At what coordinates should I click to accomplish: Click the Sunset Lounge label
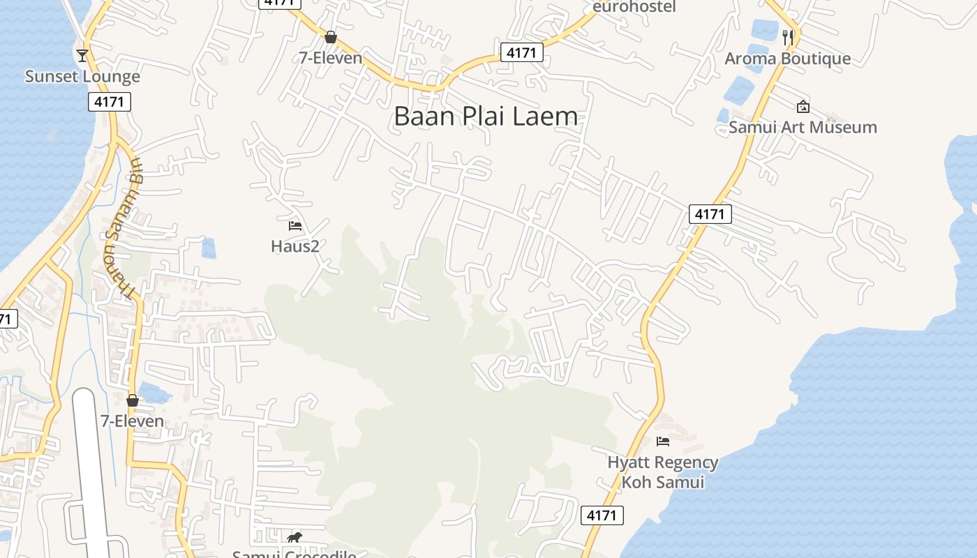[82, 76]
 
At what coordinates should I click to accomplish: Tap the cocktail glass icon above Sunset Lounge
[82, 55]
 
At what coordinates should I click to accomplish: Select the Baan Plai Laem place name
[486, 116]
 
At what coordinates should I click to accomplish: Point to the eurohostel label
[634, 7]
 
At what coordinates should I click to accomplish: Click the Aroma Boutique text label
[787, 59]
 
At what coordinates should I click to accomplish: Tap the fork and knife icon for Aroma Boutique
[788, 38]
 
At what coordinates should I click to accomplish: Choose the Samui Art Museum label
[803, 127]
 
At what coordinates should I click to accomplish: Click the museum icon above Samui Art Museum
[803, 107]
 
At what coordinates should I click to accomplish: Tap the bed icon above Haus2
[294, 225]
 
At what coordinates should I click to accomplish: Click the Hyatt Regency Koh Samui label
[662, 472]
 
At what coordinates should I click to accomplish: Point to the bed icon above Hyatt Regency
[663, 441]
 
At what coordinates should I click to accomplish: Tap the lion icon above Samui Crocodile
[294, 537]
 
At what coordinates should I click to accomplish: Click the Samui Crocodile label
[294, 554]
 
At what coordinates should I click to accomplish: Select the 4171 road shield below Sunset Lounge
[110, 102]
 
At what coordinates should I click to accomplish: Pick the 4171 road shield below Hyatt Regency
[602, 515]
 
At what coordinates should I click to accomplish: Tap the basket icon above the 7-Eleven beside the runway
[133, 400]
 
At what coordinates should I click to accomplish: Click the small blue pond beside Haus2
[208, 248]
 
